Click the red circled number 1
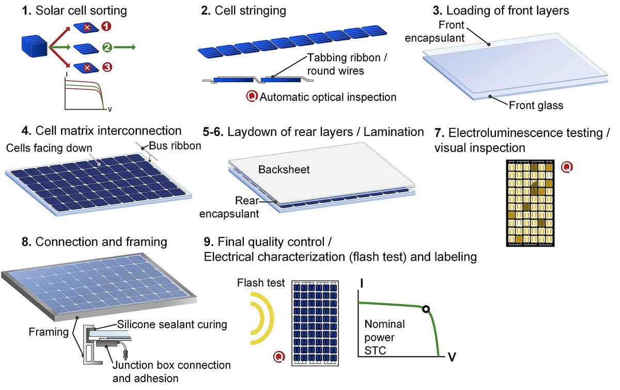pos(106,26)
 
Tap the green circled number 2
pos(107,47)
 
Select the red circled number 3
pos(107,67)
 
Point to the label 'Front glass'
pos(536,106)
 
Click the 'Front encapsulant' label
pos(435,32)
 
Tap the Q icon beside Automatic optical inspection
pos(252,96)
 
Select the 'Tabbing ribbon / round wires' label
pos(347,64)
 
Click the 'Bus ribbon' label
pos(175,146)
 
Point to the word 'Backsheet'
pos(284,170)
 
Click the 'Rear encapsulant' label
pos(229,207)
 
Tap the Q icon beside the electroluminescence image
pos(567,167)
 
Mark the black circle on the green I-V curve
pos(426,309)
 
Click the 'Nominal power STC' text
pos(384,337)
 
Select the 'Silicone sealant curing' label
pos(172,324)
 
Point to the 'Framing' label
pos(49,332)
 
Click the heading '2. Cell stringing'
pos(243,10)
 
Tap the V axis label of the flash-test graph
pos(452,357)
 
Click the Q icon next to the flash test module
pos(278,357)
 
